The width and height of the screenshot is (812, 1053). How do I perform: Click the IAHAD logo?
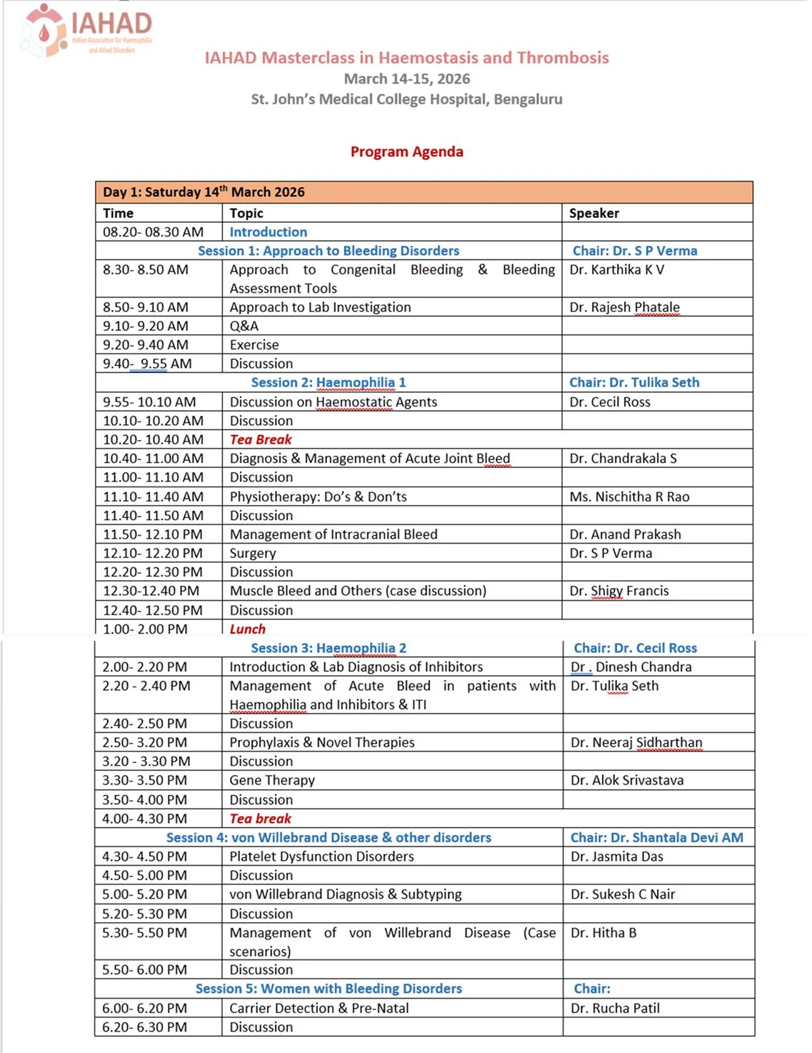coord(86,31)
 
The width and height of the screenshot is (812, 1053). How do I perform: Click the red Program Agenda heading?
coord(406,151)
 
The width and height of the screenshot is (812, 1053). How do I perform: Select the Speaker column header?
coord(593,213)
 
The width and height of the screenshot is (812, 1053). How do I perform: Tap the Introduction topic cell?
coord(268,232)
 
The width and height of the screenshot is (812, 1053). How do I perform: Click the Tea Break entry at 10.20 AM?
coord(261,439)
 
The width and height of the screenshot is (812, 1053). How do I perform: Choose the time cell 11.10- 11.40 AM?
coord(153,496)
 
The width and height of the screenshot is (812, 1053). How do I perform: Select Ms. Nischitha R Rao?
coord(629,496)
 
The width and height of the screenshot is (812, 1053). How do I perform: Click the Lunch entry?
coord(247,629)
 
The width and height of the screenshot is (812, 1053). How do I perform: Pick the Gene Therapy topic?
coord(271,780)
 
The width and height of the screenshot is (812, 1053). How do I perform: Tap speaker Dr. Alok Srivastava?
coord(626,780)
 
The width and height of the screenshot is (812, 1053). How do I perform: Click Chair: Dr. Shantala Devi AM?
coord(656,837)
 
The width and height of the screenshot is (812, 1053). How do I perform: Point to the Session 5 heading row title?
coord(329,989)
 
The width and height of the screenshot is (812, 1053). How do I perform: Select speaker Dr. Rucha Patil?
coord(615,1008)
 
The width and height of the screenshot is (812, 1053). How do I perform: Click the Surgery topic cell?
coord(252,553)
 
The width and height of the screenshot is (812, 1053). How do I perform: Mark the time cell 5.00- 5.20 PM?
coord(144,894)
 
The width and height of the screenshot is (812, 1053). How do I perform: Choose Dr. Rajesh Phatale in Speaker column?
coord(624,307)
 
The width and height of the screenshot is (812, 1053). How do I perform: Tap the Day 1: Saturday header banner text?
coord(204,192)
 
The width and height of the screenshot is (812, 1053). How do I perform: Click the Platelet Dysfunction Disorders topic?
coord(321,857)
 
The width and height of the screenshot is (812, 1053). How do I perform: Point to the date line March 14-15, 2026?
coord(406,79)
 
